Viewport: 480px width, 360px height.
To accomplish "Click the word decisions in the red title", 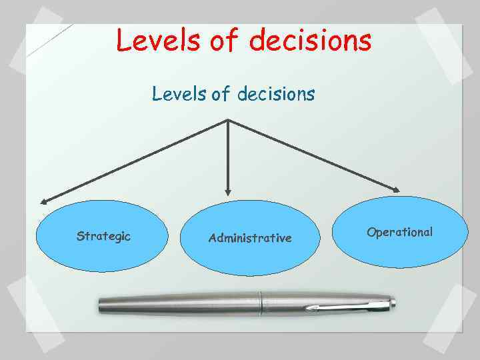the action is coord(311,40).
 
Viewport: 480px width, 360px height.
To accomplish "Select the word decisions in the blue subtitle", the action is coord(273,95).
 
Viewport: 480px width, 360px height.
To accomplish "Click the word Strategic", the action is coord(103,236).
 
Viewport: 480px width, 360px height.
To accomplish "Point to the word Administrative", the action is coord(250,238).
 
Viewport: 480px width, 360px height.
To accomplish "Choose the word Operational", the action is coord(399,232).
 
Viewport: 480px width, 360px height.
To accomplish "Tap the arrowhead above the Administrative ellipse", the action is coord(229,191).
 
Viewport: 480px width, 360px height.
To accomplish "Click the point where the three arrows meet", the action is coord(229,121).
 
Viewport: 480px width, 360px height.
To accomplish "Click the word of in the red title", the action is coord(224,40).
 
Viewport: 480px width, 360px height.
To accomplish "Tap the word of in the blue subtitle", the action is coord(220,95).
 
